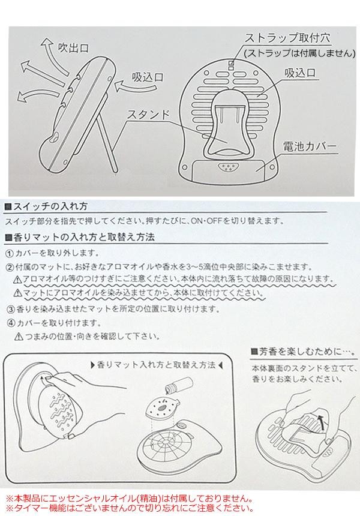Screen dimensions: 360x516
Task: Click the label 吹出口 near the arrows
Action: pyautogui.click(x=73, y=48)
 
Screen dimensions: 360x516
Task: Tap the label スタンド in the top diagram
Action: pyautogui.click(x=149, y=114)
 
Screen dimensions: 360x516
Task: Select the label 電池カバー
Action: pyautogui.click(x=310, y=146)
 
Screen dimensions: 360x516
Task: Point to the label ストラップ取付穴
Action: pyautogui.click(x=287, y=38)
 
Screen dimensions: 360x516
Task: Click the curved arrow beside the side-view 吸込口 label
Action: pyautogui.click(x=135, y=86)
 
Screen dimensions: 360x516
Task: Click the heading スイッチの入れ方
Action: pyautogui.click(x=46, y=206)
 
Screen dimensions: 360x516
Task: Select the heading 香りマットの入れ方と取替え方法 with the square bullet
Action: pyautogui.click(x=80, y=237)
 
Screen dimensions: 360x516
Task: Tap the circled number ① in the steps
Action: pyautogui.click(x=10, y=253)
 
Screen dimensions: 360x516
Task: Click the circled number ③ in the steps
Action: pyautogui.click(x=11, y=310)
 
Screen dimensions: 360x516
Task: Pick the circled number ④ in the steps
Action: pyautogui.click(x=11, y=323)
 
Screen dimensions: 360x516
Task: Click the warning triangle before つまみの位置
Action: pyautogui.click(x=19, y=337)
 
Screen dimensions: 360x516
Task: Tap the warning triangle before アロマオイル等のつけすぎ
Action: pyautogui.click(x=18, y=280)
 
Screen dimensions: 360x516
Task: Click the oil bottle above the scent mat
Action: pyautogui.click(x=180, y=385)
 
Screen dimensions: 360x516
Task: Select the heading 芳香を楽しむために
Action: pyautogui.click(x=304, y=352)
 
